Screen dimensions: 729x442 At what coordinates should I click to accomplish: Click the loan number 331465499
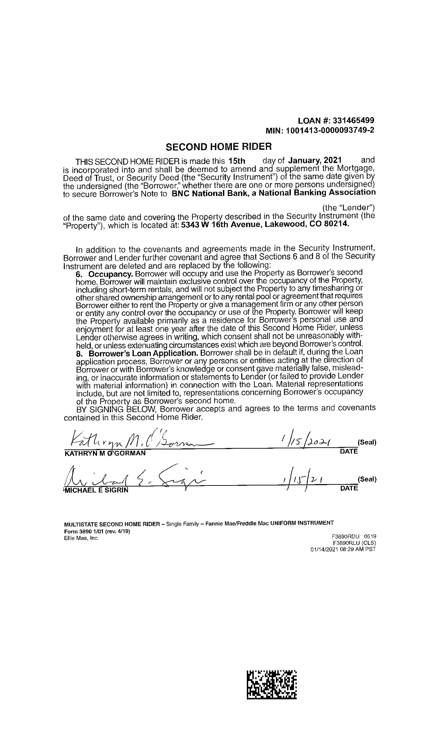(x=353, y=121)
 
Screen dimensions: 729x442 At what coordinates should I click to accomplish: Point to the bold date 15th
(x=237, y=161)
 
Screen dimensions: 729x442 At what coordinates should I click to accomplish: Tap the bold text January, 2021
(x=315, y=160)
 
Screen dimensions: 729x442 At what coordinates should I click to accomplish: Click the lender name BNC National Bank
(x=211, y=194)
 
